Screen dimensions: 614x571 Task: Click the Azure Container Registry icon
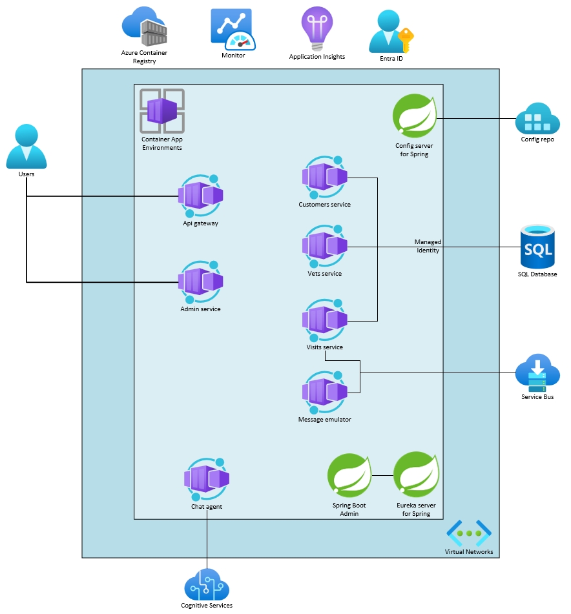coord(145,27)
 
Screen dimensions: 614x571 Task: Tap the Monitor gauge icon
coord(233,29)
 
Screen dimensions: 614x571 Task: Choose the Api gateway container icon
coord(200,196)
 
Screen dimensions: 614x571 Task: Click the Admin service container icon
coord(200,281)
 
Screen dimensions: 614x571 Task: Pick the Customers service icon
coord(324,178)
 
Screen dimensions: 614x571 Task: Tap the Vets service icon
coord(324,246)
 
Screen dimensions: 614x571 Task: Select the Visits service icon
coord(324,320)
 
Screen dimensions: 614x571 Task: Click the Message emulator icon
coord(324,392)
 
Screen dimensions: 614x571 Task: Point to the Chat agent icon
coord(207,479)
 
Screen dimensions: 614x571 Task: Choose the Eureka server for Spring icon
coord(416,476)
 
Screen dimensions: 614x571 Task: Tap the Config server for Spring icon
coord(415,117)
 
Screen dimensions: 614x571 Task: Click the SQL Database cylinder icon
coord(537,246)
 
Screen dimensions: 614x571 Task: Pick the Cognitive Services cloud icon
coord(207,584)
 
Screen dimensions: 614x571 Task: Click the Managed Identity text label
coord(428,246)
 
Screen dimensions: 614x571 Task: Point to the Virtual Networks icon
coord(469,533)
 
